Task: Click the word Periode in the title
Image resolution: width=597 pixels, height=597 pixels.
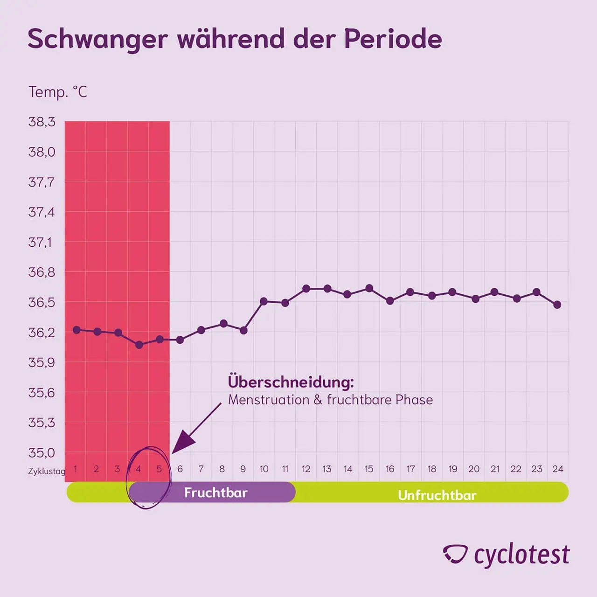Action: (393, 39)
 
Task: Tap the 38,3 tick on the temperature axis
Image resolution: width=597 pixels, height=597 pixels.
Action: (42, 122)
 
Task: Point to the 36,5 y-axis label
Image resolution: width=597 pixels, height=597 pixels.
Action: (42, 302)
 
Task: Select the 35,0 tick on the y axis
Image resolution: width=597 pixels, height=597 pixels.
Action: (42, 452)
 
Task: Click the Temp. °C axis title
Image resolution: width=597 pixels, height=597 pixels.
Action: (58, 92)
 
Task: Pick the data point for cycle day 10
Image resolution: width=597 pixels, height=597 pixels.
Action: (264, 301)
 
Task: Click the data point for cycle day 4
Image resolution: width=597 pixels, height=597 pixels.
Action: (139, 345)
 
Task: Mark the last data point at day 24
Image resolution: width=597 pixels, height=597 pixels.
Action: (557, 305)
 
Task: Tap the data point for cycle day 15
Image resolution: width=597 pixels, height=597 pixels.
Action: (369, 288)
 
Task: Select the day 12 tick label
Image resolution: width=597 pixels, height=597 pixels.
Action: (306, 469)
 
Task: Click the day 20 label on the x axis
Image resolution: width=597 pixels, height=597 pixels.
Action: (474, 469)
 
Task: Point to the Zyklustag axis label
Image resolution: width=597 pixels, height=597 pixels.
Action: (46, 471)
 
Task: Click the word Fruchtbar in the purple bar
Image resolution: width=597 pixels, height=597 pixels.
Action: (215, 493)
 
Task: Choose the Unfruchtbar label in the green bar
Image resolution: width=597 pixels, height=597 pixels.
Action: (437, 495)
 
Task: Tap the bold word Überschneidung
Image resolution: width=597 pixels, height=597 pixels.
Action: (291, 382)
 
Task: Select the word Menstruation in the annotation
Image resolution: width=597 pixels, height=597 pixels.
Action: (269, 400)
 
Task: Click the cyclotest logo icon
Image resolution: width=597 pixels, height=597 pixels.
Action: (455, 554)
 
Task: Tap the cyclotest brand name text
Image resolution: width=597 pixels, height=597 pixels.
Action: (521, 555)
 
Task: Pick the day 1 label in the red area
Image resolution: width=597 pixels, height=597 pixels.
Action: (76, 469)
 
